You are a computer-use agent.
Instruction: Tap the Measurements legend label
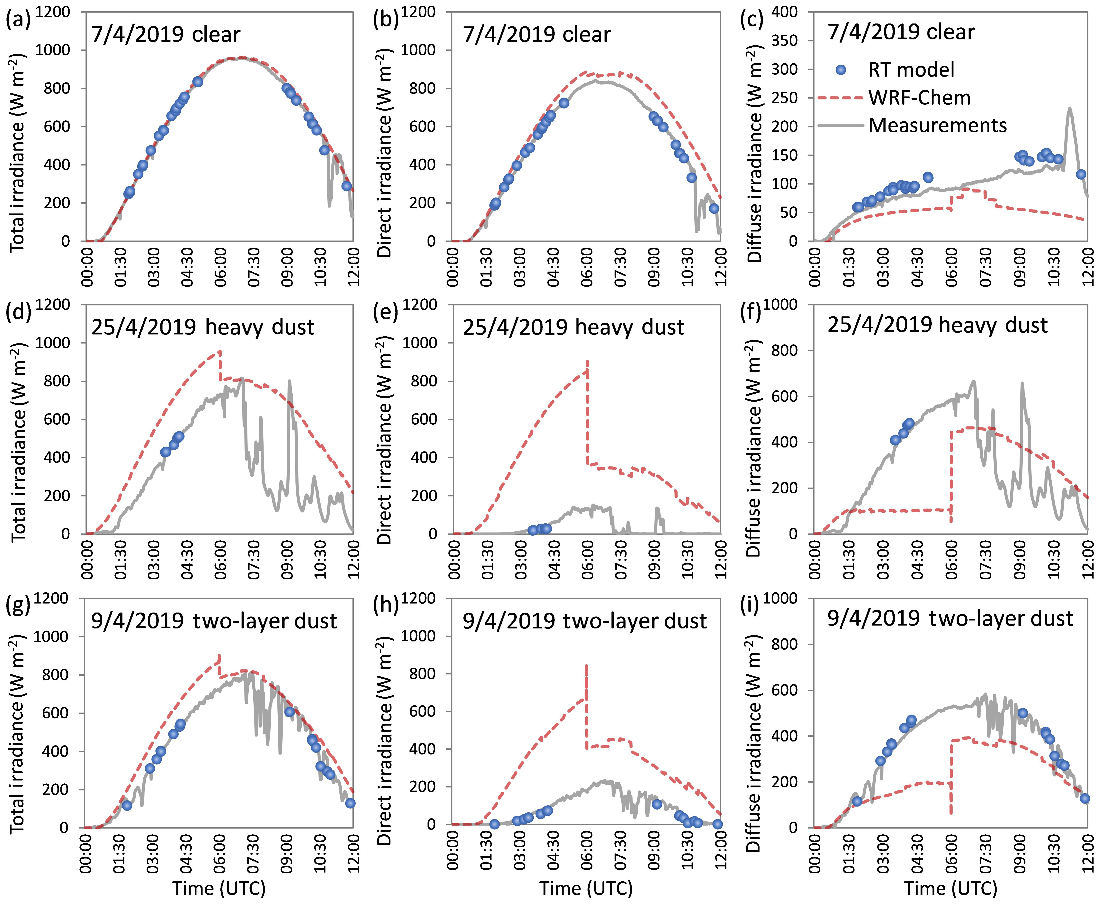pos(937,125)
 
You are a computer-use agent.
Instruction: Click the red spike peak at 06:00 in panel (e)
pos(587,360)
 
